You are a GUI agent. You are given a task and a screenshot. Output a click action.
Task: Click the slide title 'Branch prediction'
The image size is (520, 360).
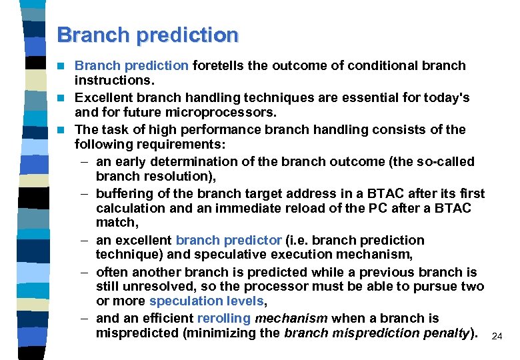click(147, 35)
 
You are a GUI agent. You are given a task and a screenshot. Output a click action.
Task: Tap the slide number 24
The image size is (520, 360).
click(496, 337)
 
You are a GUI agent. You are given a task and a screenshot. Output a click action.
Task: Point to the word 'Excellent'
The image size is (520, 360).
click(103, 98)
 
